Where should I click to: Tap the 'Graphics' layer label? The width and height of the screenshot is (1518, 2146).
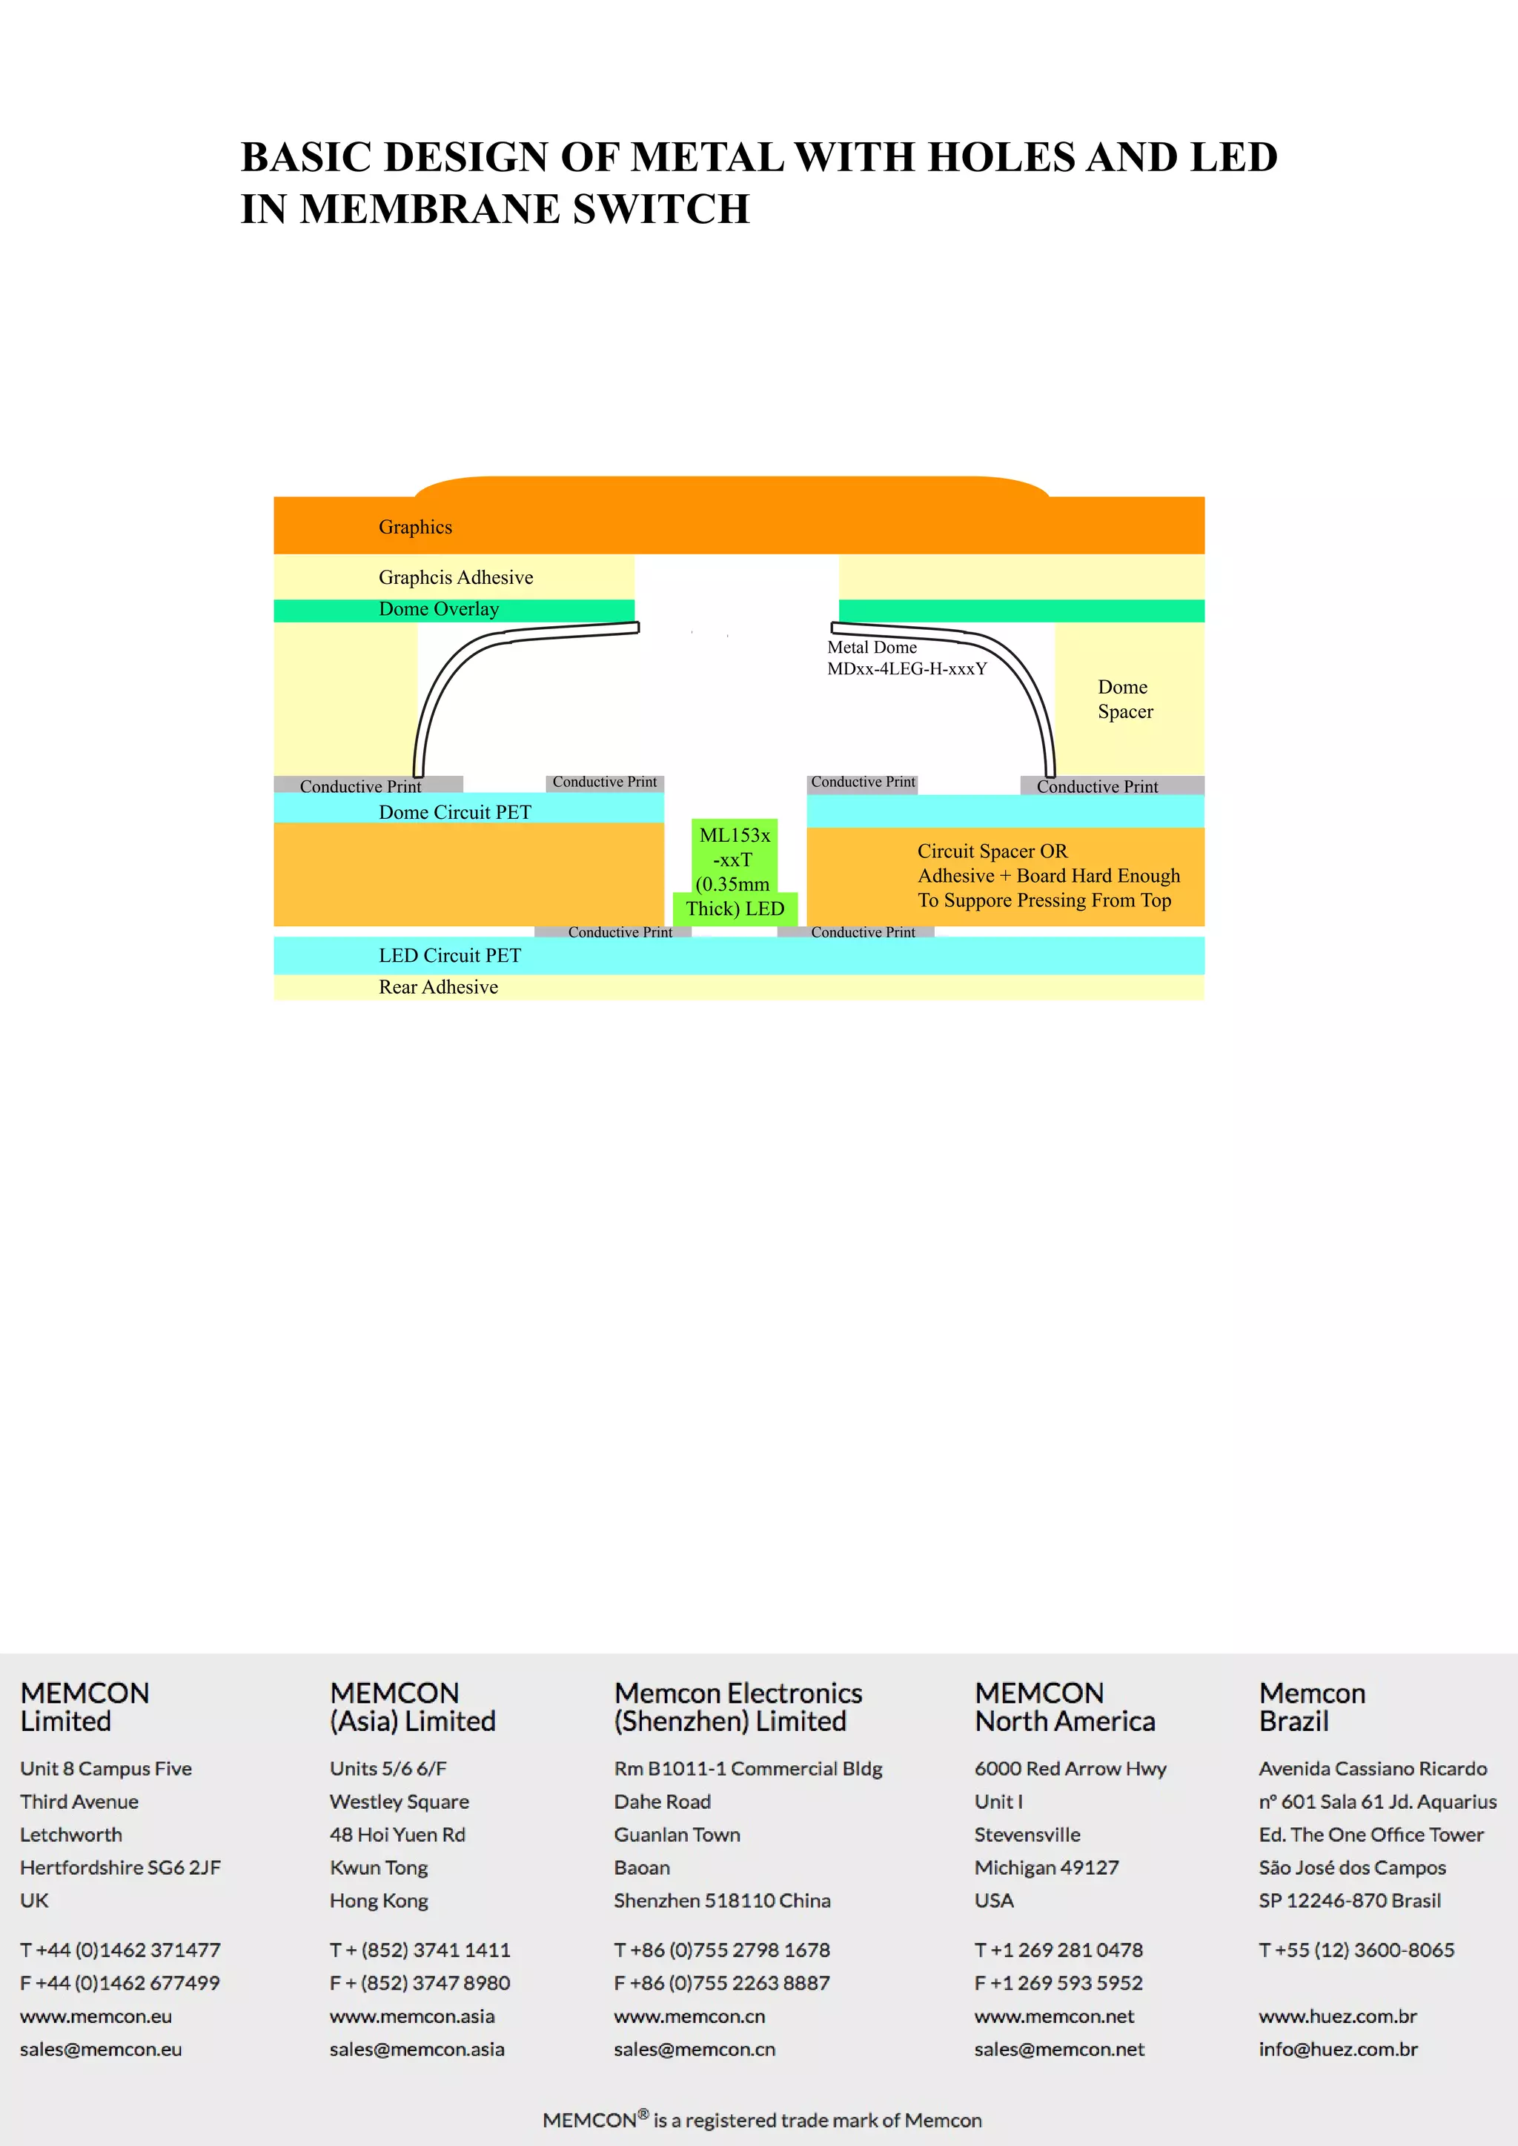pyautogui.click(x=415, y=527)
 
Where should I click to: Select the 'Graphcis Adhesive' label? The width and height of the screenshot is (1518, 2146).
pyautogui.click(x=455, y=577)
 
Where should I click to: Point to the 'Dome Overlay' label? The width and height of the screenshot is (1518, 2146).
pyautogui.click(x=438, y=609)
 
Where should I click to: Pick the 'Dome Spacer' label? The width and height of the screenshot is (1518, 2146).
pyautogui.click(x=1124, y=699)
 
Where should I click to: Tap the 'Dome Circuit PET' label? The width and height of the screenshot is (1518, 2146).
pyautogui.click(x=454, y=812)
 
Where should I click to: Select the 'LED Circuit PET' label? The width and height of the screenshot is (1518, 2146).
pyautogui.click(x=450, y=955)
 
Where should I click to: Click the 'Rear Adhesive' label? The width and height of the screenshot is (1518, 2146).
pyautogui.click(x=437, y=987)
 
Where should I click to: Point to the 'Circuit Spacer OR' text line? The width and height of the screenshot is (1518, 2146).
pyautogui.click(x=992, y=851)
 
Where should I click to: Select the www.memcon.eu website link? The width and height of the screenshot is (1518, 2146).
pyautogui.click(x=96, y=2016)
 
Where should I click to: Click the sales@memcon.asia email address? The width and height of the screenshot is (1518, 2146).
pyautogui.click(x=416, y=2049)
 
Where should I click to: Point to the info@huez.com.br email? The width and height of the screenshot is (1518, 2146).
pyautogui.click(x=1338, y=2049)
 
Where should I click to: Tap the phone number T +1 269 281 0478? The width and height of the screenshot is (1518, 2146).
pyautogui.click(x=1058, y=1950)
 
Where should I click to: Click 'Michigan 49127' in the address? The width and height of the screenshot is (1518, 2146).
pyautogui.click(x=1046, y=1867)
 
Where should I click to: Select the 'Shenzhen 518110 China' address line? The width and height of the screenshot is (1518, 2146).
pyautogui.click(x=722, y=1900)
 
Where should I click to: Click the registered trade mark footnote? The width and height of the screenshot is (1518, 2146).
pyautogui.click(x=762, y=2120)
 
